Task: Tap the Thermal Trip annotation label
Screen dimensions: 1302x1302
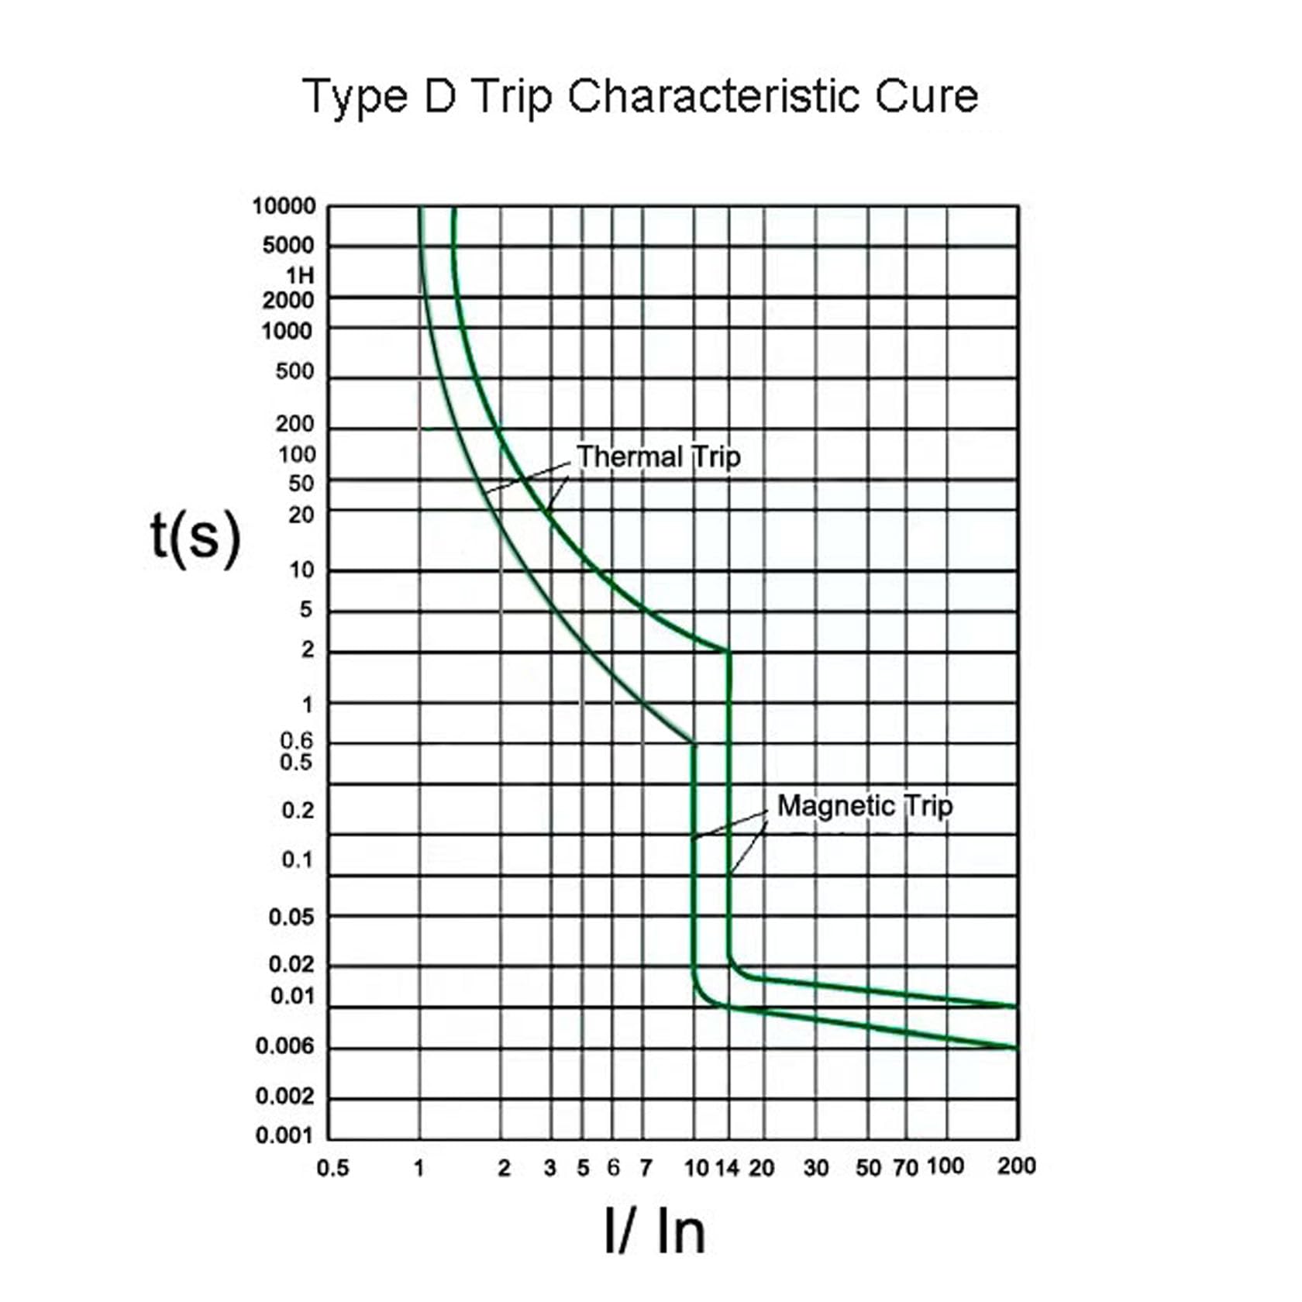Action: tap(658, 456)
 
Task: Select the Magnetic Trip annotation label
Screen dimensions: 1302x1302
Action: tap(864, 806)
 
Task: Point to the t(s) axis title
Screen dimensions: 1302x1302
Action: tap(195, 536)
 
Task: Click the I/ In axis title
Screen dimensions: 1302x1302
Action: tap(655, 1232)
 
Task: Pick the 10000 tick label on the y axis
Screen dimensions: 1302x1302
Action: tap(284, 207)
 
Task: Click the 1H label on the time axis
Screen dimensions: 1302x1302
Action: tap(300, 275)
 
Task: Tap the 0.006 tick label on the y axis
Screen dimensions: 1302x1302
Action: tap(284, 1046)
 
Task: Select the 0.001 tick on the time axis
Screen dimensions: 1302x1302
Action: tap(284, 1135)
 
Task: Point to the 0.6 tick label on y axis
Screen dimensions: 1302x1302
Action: tap(297, 741)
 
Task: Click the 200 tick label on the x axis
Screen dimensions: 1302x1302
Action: tap(1016, 1166)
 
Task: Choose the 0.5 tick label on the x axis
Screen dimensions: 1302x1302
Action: tap(332, 1168)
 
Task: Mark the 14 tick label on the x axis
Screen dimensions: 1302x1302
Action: tap(727, 1167)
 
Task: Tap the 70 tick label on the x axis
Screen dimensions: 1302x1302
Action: tap(905, 1167)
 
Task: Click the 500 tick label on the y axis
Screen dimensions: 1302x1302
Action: tap(294, 371)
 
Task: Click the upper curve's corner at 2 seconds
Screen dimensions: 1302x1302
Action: tap(728, 651)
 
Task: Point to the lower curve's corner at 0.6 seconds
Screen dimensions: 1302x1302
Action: tap(693, 743)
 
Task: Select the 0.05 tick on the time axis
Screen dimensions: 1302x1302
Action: tap(291, 918)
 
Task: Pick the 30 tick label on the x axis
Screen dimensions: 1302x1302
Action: tap(815, 1167)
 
